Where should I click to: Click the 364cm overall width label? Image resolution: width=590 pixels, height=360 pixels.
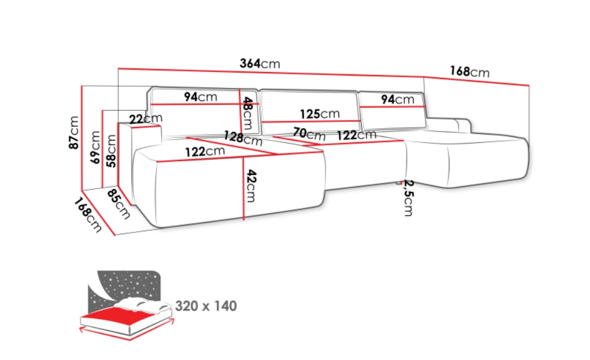click(x=260, y=63)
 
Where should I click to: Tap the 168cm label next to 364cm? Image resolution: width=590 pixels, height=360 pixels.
click(x=469, y=71)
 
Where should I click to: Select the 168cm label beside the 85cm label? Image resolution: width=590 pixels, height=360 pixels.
click(x=88, y=215)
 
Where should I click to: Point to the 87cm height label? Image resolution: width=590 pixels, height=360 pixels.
click(x=74, y=132)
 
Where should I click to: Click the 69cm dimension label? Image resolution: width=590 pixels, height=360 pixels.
click(x=95, y=147)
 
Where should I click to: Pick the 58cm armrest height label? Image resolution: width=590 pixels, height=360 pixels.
click(x=111, y=151)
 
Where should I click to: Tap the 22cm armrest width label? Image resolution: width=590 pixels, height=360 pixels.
click(x=146, y=118)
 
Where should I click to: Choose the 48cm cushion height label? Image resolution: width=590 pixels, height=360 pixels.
click(x=247, y=113)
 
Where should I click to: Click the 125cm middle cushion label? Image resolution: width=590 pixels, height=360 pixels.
click(x=320, y=114)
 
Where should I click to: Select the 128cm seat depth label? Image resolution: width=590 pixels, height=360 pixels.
click(x=243, y=138)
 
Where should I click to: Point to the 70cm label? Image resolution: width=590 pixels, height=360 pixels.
click(x=309, y=133)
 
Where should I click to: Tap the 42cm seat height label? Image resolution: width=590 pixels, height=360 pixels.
click(x=251, y=186)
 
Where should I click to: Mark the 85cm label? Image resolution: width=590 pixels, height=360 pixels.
click(x=118, y=204)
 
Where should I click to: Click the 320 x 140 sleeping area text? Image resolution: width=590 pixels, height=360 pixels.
click(x=206, y=306)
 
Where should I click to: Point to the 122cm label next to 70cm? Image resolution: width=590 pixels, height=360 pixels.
click(x=356, y=135)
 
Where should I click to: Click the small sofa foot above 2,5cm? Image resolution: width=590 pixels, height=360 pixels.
click(x=399, y=183)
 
